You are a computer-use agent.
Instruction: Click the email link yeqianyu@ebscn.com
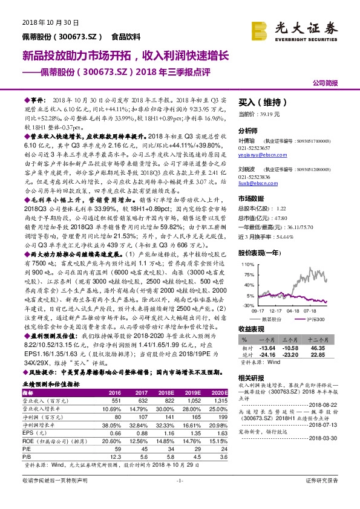tap(256, 155)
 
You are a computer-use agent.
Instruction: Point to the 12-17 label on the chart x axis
tap(269, 312)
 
